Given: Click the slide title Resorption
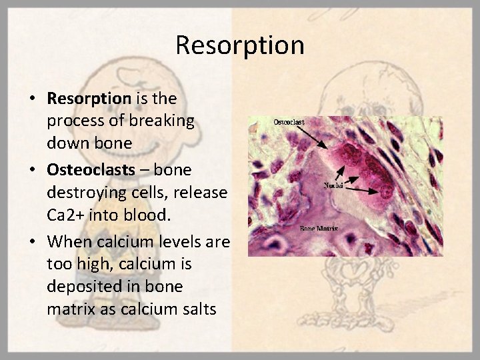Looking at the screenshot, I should (x=240, y=45).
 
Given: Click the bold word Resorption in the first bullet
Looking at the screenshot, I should (x=89, y=99).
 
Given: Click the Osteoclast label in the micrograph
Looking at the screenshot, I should (x=289, y=122).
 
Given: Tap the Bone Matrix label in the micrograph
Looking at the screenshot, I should (x=319, y=229).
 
